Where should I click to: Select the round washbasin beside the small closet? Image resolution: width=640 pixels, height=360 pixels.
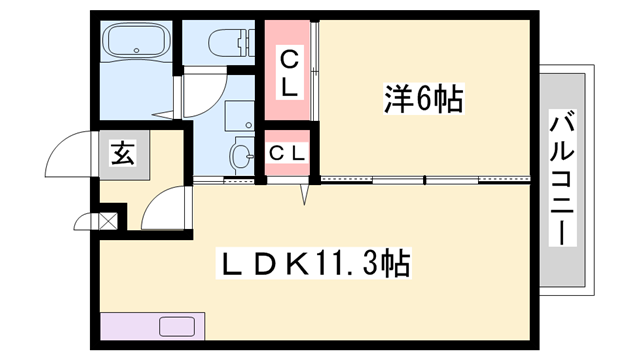pyautogui.click(x=240, y=154)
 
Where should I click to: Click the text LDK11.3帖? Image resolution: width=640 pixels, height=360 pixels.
pyautogui.click(x=312, y=265)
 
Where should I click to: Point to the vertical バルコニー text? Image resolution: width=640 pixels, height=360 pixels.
pyautogui.click(x=562, y=180)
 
